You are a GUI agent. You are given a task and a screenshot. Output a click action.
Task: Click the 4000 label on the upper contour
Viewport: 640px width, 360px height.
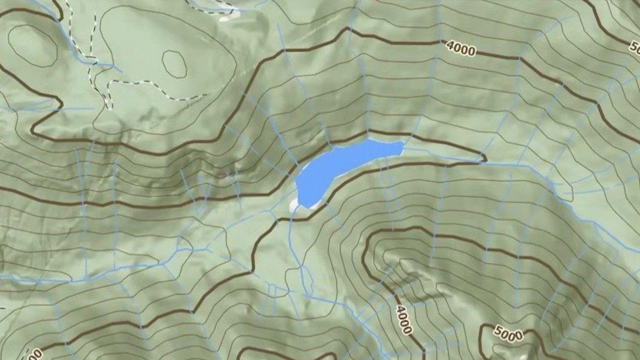coord(460,50)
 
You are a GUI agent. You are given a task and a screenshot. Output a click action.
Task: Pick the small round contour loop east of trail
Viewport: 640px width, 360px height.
coord(174,63)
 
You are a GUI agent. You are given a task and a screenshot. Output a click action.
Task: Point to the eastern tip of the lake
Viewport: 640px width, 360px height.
coord(403,143)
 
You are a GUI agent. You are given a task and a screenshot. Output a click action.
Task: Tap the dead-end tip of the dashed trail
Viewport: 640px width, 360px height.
coord(206,94)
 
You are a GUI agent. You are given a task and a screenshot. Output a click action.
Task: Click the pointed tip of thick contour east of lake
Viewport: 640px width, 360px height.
coord(485,159)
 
